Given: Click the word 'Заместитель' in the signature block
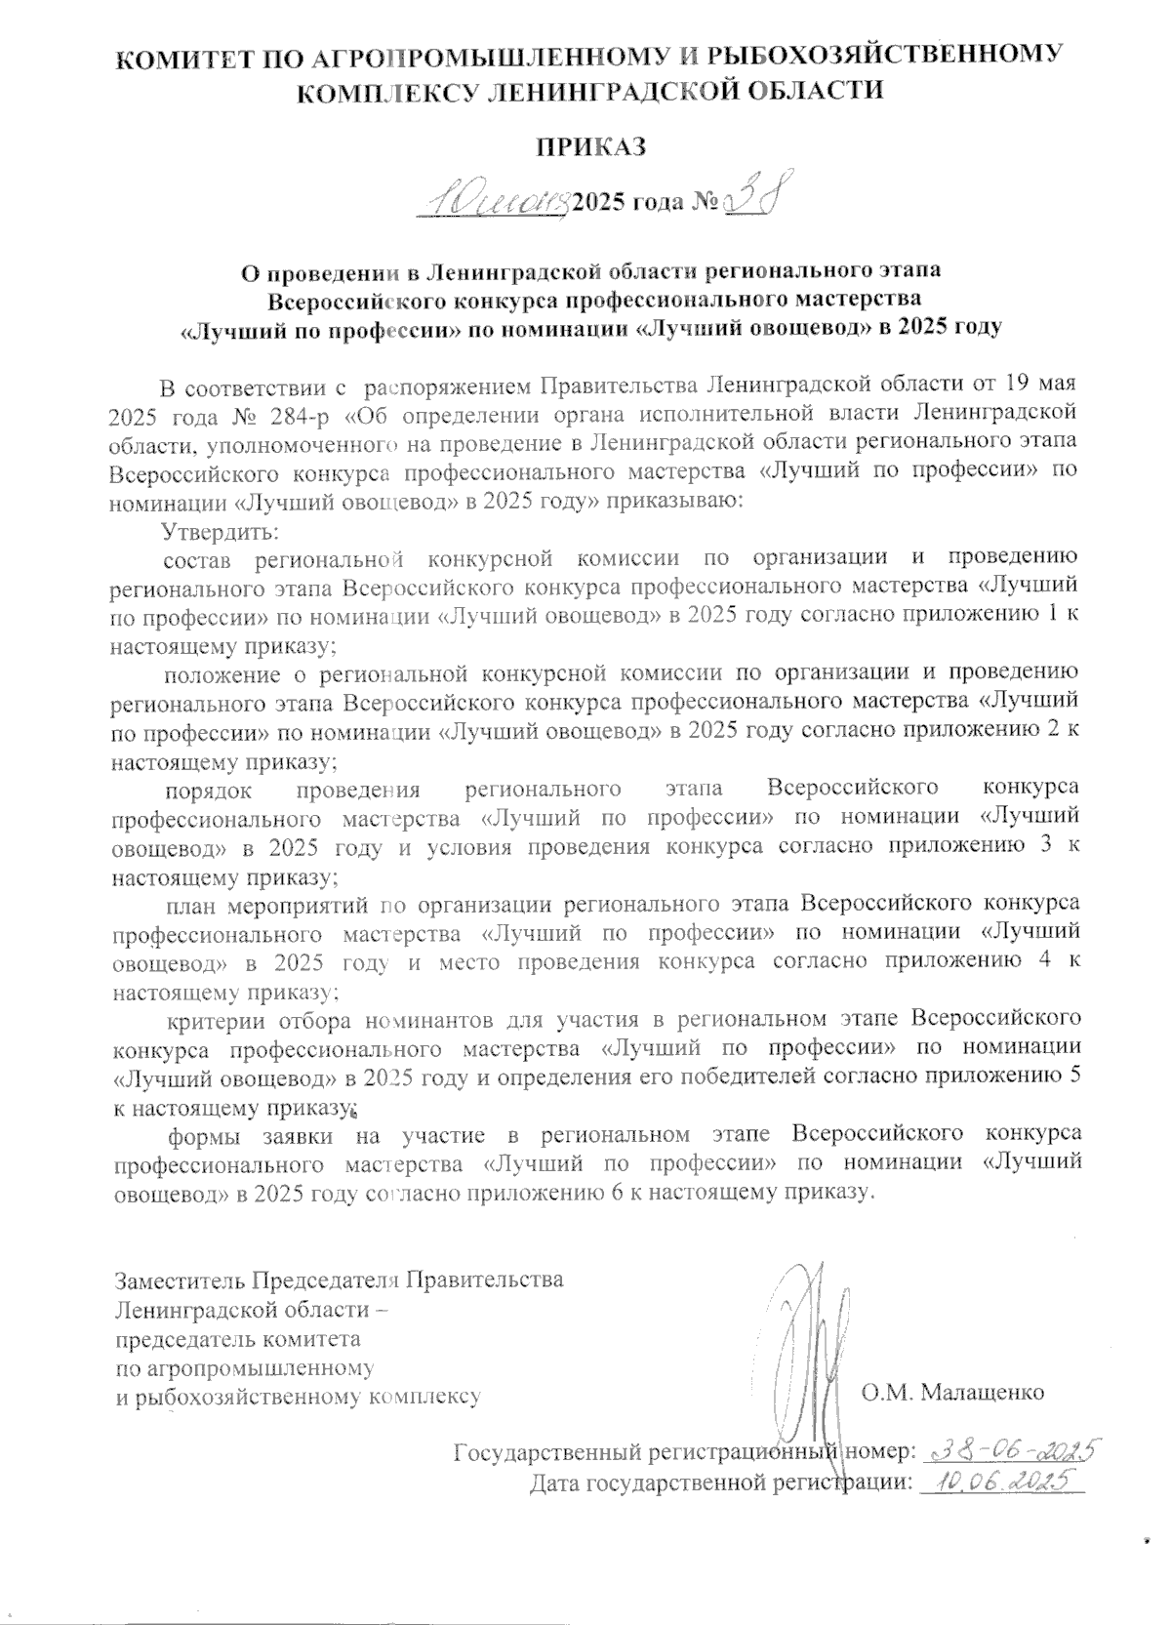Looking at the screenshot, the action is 180,1279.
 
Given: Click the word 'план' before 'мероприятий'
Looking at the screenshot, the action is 188,904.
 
